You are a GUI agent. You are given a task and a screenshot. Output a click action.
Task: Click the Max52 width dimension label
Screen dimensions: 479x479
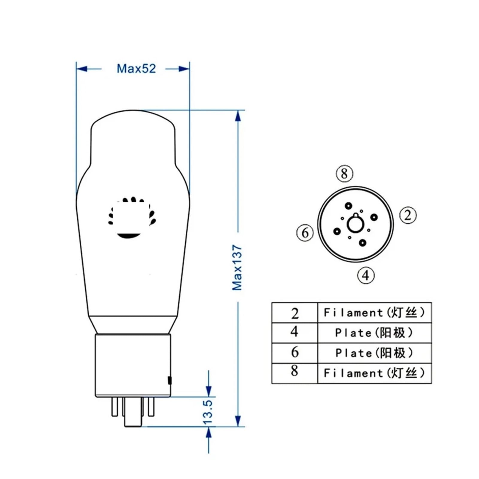(136, 69)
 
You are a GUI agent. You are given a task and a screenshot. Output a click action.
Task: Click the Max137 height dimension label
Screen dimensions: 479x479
(237, 267)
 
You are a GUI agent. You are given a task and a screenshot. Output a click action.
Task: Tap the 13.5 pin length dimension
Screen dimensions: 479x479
(208, 412)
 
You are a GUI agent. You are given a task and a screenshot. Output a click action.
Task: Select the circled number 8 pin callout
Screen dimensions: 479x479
(344, 173)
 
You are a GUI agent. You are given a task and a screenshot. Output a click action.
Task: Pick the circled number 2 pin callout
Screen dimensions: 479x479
(408, 215)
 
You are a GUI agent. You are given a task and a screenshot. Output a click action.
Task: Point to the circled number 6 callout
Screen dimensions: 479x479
(305, 233)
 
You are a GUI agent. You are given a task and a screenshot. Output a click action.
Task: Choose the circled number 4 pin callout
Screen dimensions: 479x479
(366, 275)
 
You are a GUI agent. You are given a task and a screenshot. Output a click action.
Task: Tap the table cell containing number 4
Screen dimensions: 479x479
(295, 332)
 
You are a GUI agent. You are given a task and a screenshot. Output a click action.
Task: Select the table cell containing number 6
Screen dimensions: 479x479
(295, 353)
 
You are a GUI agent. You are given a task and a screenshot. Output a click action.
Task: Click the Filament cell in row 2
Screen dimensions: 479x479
(374, 313)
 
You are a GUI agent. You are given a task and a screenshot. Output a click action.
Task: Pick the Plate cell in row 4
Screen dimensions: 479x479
(374, 333)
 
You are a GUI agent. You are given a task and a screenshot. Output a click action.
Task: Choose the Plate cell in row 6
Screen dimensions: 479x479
(374, 353)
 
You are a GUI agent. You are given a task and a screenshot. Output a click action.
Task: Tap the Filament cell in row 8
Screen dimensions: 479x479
(374, 373)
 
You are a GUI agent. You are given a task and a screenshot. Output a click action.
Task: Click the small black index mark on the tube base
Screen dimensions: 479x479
(169, 380)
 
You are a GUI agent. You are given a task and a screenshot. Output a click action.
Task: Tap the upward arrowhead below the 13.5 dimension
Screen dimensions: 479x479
(209, 433)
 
